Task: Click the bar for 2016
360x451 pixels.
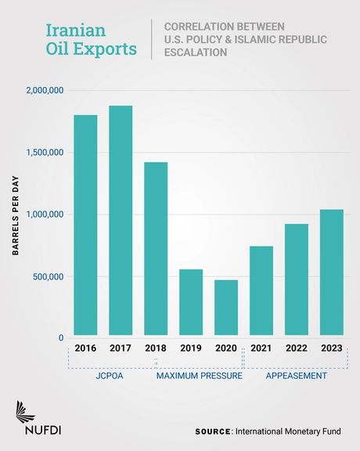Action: (85, 226)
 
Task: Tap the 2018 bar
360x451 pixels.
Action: (156, 250)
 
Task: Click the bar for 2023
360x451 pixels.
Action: (332, 273)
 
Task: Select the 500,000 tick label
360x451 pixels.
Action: (47, 276)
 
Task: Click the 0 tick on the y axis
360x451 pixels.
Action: (59, 338)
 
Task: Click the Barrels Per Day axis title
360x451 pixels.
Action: (15, 215)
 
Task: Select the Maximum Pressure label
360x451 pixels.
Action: (199, 377)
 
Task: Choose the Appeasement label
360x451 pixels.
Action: (296, 377)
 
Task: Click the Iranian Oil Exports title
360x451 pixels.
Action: (90, 40)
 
